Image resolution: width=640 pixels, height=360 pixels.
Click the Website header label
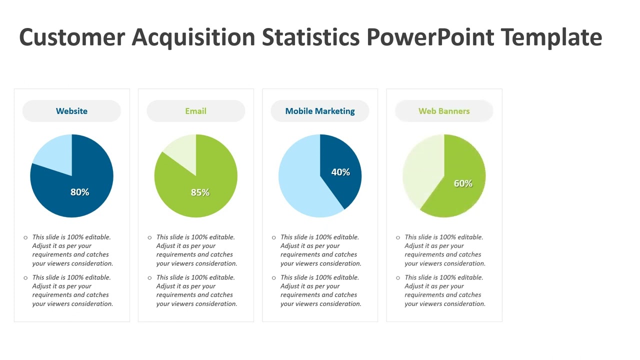pos(71,111)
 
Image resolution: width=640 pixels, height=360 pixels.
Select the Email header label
pos(195,111)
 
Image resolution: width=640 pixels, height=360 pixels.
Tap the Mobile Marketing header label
pos(320,111)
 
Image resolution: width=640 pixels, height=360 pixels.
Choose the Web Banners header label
pos(444,111)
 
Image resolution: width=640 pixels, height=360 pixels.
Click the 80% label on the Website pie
pos(79,192)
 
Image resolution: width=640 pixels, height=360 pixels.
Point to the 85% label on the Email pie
pos(200,192)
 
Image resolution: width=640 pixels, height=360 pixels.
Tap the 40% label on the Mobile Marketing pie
pos(340,172)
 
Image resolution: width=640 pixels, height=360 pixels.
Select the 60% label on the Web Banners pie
pos(463,183)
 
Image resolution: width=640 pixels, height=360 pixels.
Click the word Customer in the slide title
pos(71,37)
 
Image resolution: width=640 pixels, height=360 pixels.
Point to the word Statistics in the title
pos(310,37)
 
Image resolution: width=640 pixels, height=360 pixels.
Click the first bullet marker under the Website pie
pos(25,237)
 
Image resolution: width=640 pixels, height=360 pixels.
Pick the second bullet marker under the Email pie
pos(149,278)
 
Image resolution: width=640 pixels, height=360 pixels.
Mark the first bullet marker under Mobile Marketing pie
pos(273,237)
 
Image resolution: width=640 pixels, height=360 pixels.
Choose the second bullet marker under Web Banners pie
pos(398,278)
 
